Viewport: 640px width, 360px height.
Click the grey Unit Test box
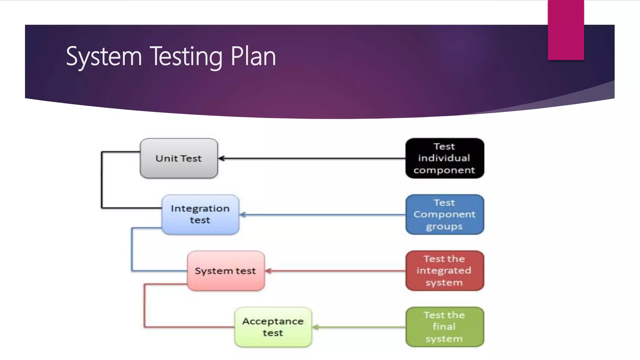pyautogui.click(x=179, y=158)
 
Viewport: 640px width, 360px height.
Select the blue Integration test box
pyautogui.click(x=200, y=214)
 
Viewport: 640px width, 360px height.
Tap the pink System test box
pyautogui.click(x=226, y=271)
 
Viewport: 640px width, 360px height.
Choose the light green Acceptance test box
pyautogui.click(x=273, y=327)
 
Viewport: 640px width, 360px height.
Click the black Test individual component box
pyautogui.click(x=444, y=158)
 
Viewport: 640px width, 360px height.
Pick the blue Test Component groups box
pyautogui.click(x=444, y=214)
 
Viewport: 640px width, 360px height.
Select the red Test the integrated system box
pyautogui.click(x=444, y=271)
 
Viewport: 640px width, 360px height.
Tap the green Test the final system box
pyautogui.click(x=444, y=327)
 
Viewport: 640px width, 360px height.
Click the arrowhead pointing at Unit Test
pyautogui.click(x=221, y=158)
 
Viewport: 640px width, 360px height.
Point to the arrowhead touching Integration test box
pyautogui.click(x=243, y=215)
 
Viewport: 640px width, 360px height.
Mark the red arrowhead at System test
pyautogui.click(x=268, y=271)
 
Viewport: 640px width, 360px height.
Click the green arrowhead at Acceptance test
pyautogui.click(x=315, y=327)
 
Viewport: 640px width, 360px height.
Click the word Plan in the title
pyautogui.click(x=253, y=57)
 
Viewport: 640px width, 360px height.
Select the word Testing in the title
pyautogui.click(x=186, y=57)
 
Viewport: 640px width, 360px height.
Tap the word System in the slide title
pyautogui.click(x=104, y=57)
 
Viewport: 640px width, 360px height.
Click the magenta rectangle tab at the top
pyautogui.click(x=566, y=30)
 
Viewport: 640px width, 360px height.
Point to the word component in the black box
pyautogui.click(x=444, y=170)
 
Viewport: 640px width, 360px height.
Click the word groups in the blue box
pyautogui.click(x=444, y=227)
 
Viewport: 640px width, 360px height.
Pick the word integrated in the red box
pyautogui.click(x=444, y=271)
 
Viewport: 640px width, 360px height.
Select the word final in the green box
pyautogui.click(x=444, y=327)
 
